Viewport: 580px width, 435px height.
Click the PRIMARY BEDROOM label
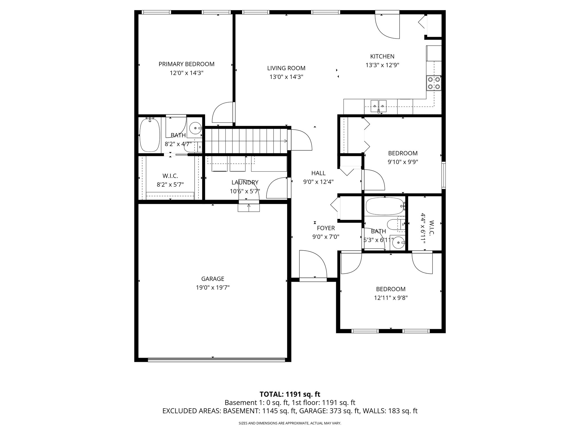coord(186,64)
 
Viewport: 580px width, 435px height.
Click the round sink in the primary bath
coord(195,128)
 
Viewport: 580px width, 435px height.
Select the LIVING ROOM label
coord(286,68)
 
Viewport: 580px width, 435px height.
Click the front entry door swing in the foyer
coord(313,265)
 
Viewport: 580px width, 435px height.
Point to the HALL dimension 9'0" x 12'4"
coord(318,182)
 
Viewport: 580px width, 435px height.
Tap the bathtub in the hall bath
coord(384,206)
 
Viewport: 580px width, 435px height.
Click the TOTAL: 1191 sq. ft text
coord(290,394)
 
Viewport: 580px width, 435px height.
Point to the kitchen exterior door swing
coord(387,25)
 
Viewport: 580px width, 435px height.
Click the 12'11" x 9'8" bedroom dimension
coord(391,298)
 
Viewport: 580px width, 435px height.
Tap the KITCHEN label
coord(382,56)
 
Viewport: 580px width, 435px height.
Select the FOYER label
coord(326,228)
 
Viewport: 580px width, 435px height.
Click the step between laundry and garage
coord(249,208)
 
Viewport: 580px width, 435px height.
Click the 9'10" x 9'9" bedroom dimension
coord(403,162)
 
